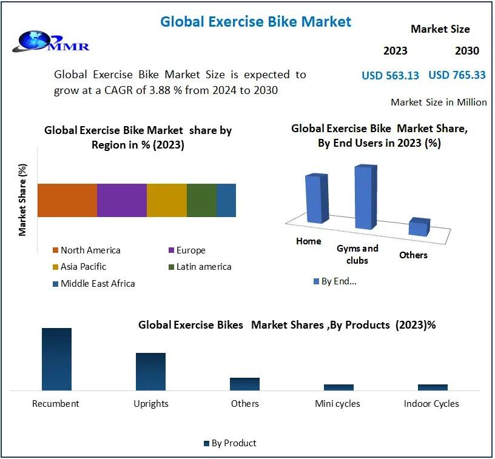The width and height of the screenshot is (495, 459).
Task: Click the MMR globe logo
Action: (x=50, y=41)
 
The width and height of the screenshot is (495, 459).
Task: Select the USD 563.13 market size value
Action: (x=390, y=75)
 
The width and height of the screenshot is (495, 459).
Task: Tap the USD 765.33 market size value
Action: (x=457, y=75)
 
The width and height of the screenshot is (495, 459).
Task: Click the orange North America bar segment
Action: (x=67, y=200)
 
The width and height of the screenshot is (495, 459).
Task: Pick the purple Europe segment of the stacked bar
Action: (x=122, y=200)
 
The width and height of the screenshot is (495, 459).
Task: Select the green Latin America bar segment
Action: (x=201, y=200)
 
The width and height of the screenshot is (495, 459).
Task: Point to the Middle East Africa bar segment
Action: (x=226, y=200)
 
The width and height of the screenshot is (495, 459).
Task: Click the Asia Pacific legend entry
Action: (x=79, y=267)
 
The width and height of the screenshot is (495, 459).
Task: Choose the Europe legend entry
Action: (x=187, y=250)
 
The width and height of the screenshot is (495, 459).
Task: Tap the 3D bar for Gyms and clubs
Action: (x=366, y=196)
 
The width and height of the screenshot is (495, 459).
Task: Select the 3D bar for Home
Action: (x=317, y=198)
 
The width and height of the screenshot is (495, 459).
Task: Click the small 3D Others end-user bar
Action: (x=419, y=227)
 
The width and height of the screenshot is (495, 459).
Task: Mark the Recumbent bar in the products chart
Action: (x=57, y=360)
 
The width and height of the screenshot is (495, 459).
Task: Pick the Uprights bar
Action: (x=150, y=372)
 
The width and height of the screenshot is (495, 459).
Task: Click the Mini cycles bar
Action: (x=338, y=387)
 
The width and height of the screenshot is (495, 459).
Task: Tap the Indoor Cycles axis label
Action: (x=431, y=404)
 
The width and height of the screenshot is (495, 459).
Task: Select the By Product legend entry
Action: (x=230, y=443)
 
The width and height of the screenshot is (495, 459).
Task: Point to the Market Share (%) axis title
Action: (x=22, y=200)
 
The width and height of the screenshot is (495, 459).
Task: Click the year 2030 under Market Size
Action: (x=467, y=51)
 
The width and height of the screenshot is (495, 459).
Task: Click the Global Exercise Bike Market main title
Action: (x=256, y=22)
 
